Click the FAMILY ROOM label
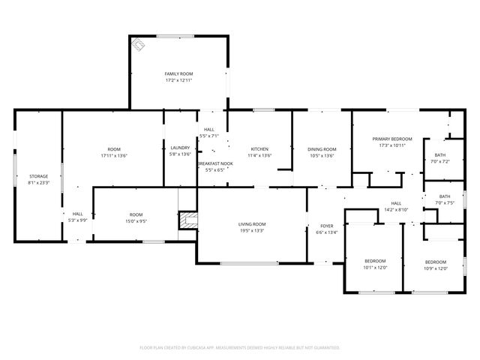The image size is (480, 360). pos(178,73)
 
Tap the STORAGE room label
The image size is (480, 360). pos(38,176)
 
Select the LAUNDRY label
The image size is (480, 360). pos(180,148)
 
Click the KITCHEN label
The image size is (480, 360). pos(259,148)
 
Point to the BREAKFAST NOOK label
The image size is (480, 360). pos(215,163)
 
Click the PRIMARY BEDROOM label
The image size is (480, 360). pos(392,139)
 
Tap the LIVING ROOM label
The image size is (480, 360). pos(252,224)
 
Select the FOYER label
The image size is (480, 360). pos(327,226)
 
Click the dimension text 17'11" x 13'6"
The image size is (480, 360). pos(114,155)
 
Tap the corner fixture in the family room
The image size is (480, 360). pos(139,45)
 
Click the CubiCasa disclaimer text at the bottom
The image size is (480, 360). pos(240,347)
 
